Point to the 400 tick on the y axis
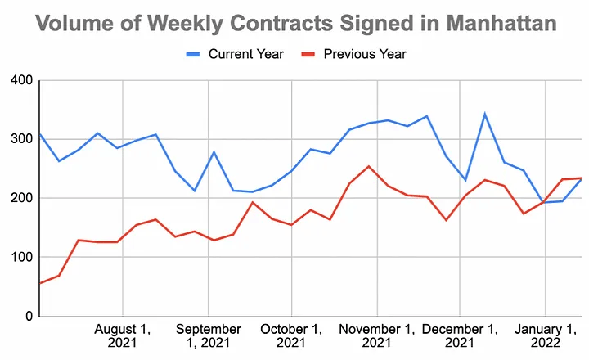coord(20,80)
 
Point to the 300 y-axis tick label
coord(20,139)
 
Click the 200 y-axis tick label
coord(20,198)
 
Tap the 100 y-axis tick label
coord(20,257)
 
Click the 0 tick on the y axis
coord(27,317)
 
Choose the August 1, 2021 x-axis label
coord(123,335)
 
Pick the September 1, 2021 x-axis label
coord(209,335)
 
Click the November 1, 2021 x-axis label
coord(377,335)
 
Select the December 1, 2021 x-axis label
coord(459,335)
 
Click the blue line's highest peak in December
coord(485,114)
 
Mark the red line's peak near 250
coord(369,167)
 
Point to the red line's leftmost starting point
coord(40,283)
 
